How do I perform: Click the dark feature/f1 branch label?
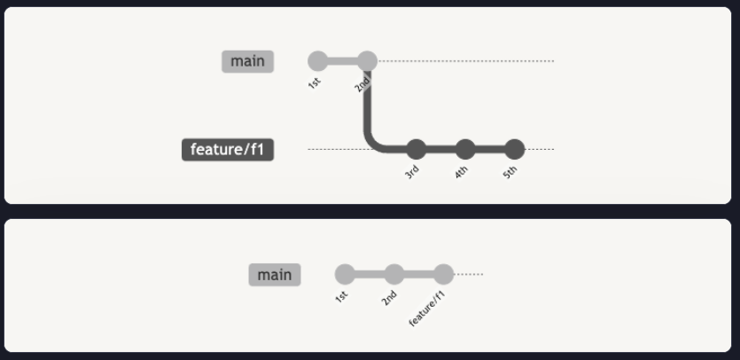228,150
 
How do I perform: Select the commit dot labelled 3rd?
416,149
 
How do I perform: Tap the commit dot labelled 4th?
465,149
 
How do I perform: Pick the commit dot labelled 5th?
515,149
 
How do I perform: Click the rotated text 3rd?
412,172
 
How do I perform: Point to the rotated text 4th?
461,172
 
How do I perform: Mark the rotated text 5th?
510,172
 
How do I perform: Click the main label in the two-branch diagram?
247,61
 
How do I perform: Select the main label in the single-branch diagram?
275,275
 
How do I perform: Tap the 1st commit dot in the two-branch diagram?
317,61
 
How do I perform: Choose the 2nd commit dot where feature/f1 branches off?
367,61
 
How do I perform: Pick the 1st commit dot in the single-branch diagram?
345,275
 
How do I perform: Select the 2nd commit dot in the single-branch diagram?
394,275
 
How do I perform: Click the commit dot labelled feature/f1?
444,275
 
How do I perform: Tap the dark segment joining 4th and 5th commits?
490,149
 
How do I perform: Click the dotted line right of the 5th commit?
540,149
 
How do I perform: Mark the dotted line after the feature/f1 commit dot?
469,275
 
